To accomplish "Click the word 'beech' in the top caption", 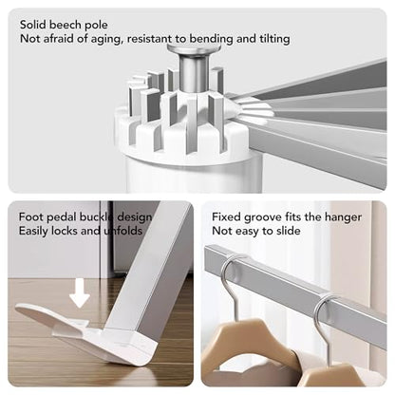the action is click(66, 25).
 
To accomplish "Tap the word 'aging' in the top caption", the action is click(106, 39).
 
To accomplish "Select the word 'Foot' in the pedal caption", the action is click(30, 217).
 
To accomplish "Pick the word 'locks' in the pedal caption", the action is click(65, 231).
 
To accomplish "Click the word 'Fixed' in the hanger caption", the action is click(226, 217).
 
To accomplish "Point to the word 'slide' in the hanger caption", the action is click(288, 231).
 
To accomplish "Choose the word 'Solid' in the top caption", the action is click(33, 25).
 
